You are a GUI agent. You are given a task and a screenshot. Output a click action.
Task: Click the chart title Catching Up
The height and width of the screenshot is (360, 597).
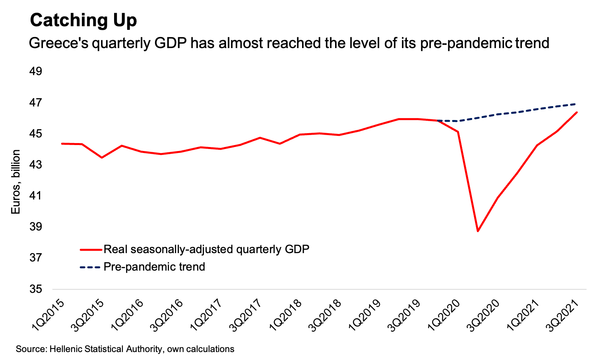click(83, 20)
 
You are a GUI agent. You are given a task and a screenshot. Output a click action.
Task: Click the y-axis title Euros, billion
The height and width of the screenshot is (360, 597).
click(16, 182)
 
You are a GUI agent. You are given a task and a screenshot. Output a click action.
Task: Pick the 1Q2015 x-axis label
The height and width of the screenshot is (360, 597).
click(48, 315)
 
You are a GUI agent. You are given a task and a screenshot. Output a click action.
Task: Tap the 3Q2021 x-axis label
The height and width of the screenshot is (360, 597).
click(564, 315)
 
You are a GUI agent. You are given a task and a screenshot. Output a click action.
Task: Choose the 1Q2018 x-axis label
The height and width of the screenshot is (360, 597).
click(286, 315)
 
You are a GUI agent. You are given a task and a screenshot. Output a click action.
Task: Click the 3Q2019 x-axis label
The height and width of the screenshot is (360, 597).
click(405, 315)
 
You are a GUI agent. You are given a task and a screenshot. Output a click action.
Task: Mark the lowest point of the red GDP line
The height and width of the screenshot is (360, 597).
click(478, 231)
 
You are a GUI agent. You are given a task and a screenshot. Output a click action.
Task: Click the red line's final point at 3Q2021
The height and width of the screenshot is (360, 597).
click(577, 112)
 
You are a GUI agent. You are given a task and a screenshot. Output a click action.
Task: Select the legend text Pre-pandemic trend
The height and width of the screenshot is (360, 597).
click(154, 267)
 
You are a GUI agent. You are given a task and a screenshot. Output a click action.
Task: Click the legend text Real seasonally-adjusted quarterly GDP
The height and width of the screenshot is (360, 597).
click(206, 250)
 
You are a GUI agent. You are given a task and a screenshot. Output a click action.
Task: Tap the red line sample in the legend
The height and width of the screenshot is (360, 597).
click(91, 250)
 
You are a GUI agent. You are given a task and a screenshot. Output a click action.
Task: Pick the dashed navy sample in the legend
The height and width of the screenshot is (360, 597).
click(91, 267)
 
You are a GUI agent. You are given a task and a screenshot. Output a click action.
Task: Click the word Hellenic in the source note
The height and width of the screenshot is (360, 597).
click(67, 349)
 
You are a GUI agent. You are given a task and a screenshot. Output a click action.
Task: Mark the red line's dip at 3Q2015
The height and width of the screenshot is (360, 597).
click(102, 158)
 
